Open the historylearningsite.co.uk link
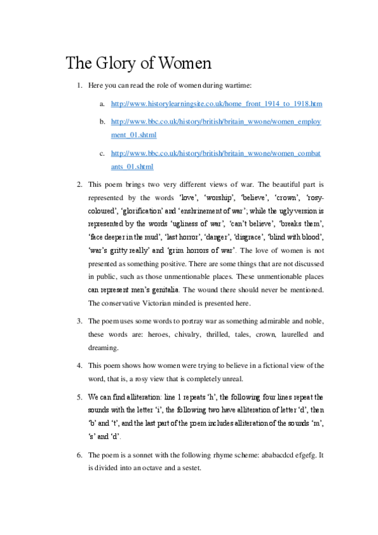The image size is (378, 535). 216,103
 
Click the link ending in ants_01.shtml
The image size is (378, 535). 132,167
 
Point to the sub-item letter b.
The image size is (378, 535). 102,120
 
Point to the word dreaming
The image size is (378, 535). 103,347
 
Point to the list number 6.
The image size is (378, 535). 80,455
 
